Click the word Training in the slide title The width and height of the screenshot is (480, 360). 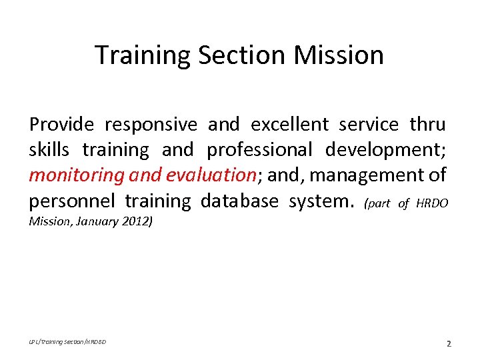pyautogui.click(x=143, y=55)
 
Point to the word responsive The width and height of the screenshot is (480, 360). pyautogui.click(x=150, y=125)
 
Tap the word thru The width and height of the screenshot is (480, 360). pyautogui.click(x=427, y=125)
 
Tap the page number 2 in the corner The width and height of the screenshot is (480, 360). pyautogui.click(x=449, y=344)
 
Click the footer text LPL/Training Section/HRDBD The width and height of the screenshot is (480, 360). pyautogui.click(x=67, y=342)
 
